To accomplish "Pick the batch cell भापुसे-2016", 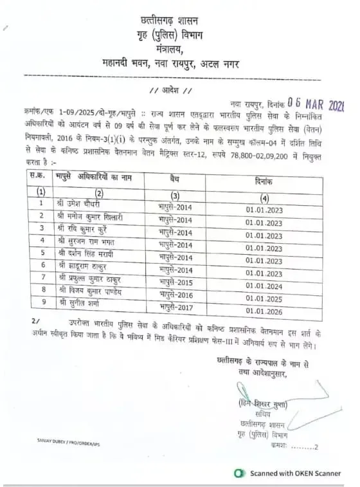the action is point(175,295).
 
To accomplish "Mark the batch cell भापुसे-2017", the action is point(175,307).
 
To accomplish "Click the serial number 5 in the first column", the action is point(42,253).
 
